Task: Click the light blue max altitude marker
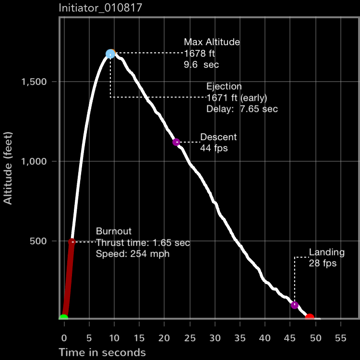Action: pos(110,54)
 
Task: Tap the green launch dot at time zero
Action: pos(63,318)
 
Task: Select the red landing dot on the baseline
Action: pos(310,317)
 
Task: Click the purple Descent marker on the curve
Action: pos(176,142)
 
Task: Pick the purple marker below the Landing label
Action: pos(295,305)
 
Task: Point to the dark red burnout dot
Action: pos(72,241)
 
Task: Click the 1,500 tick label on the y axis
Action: pos(34,82)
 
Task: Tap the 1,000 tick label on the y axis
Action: pos(34,161)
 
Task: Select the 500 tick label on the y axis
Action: pos(39,241)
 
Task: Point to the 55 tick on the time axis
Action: pos(340,337)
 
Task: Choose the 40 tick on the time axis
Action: pos(265,337)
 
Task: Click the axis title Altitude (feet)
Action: pos(8,163)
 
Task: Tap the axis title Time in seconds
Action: pos(102,353)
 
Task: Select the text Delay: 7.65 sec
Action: pos(242,109)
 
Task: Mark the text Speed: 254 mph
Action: pos(132,254)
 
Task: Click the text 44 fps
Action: pos(214,148)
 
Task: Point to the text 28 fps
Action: pos(323,263)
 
